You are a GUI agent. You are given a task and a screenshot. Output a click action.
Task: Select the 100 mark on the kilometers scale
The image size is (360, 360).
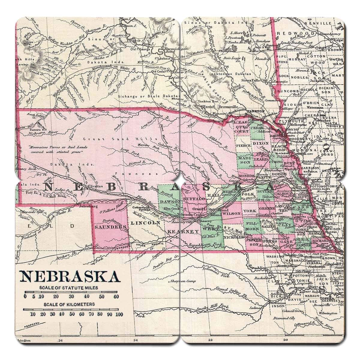pyautogui.click(x=119, y=314)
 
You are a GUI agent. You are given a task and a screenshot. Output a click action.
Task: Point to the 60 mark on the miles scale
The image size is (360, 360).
pyautogui.click(x=116, y=297)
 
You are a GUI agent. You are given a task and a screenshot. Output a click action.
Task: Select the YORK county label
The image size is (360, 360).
pyautogui.click(x=250, y=211)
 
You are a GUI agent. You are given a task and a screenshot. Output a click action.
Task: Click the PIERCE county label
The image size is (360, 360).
pyautogui.click(x=243, y=145)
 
